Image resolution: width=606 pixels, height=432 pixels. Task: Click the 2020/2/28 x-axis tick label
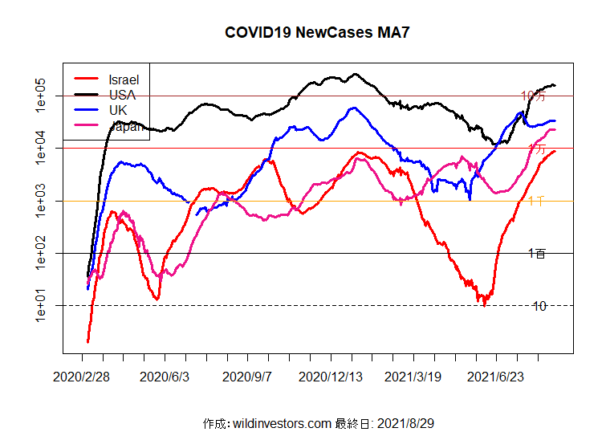(82, 377)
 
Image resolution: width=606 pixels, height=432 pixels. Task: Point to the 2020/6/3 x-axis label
(165, 377)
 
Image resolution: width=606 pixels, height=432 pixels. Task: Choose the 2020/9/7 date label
(247, 377)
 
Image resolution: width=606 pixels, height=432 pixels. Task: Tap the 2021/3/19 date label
(413, 377)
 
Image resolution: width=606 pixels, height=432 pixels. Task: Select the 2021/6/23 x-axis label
(496, 377)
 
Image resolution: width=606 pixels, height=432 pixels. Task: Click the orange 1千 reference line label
(538, 201)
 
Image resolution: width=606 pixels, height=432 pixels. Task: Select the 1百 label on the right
(538, 254)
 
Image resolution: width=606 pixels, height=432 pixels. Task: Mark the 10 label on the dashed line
(539, 306)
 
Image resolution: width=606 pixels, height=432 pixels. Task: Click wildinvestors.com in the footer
(280, 422)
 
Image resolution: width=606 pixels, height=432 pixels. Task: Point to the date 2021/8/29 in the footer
(405, 422)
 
